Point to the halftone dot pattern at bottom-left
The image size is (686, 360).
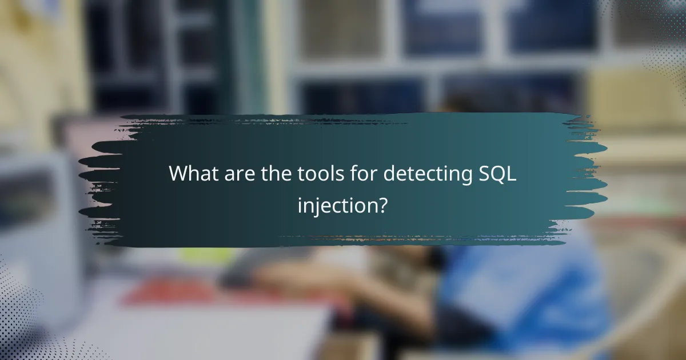tap(23, 320)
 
